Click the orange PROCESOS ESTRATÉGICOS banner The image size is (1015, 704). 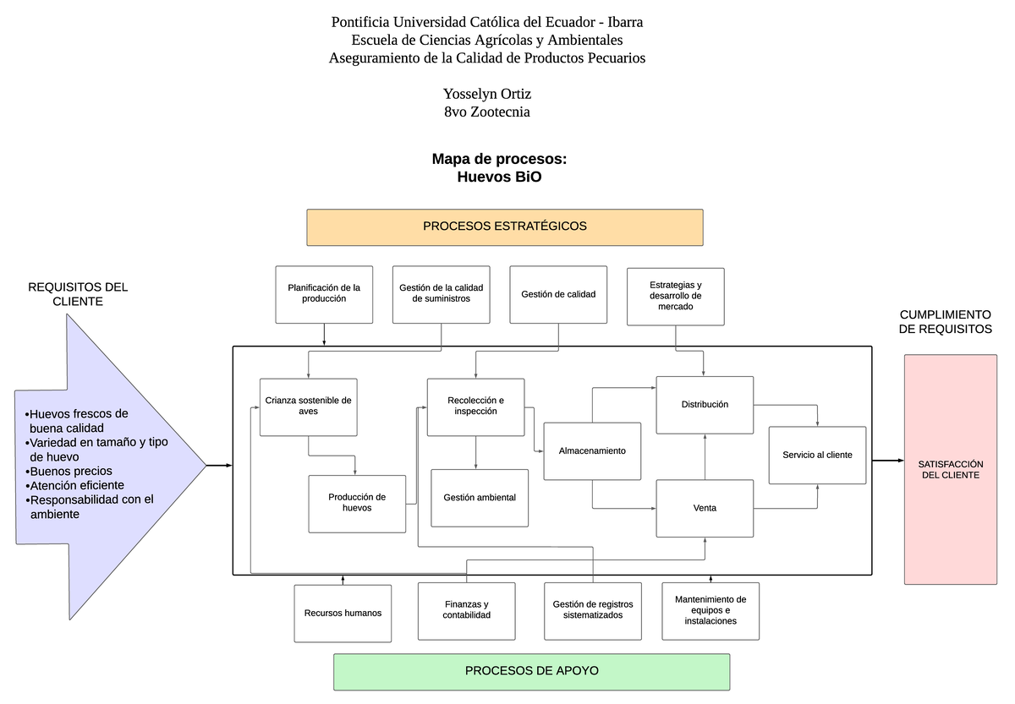[x=505, y=226]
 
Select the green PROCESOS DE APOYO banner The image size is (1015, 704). [x=531, y=671]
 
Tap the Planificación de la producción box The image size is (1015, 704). [x=324, y=294]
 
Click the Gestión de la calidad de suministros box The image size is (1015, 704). [x=441, y=294]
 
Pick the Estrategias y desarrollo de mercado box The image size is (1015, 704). [x=675, y=296]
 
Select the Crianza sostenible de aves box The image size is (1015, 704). [x=308, y=407]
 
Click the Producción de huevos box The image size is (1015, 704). [x=357, y=503]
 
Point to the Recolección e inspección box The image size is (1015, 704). [x=475, y=407]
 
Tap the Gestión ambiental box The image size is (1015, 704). [x=480, y=498]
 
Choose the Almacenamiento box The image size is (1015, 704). [x=592, y=451]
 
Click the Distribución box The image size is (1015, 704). [x=705, y=405]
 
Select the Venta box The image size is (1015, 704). [x=705, y=508]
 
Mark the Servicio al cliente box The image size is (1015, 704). [x=817, y=455]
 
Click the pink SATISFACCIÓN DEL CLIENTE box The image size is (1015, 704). [x=950, y=470]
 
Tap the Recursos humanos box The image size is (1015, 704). [x=343, y=613]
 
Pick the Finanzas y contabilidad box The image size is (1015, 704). [x=466, y=610]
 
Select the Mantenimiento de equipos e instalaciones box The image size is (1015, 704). [x=710, y=610]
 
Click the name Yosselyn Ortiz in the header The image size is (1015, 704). [x=487, y=94]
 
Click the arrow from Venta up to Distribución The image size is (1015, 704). [x=705, y=456]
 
